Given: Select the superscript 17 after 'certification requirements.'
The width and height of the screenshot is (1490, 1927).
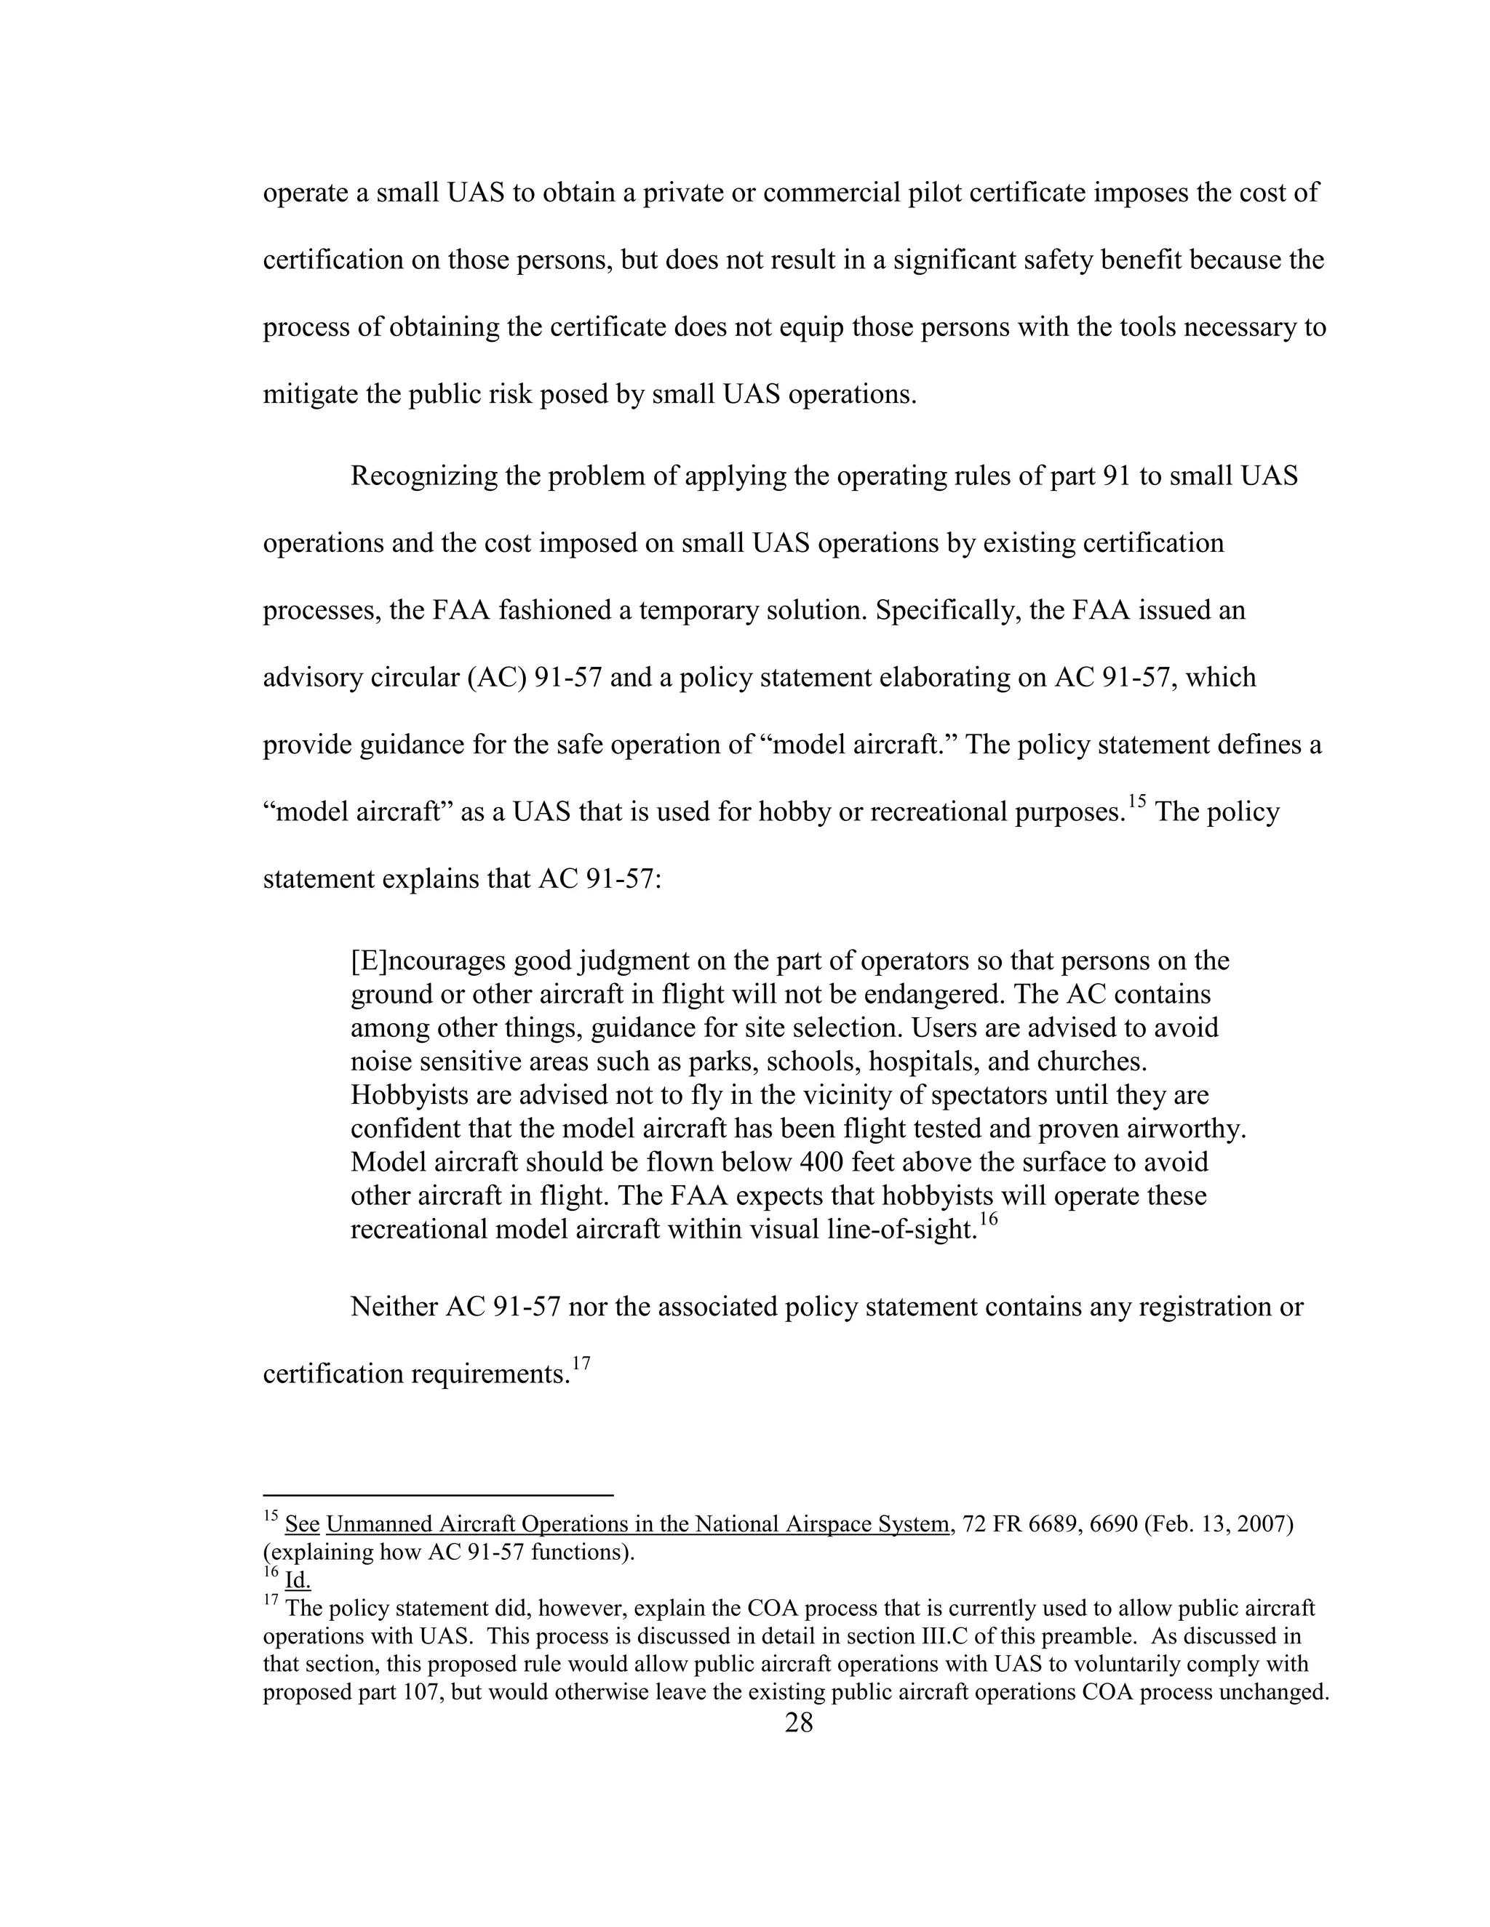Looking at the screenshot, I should pyautogui.click(x=580, y=1364).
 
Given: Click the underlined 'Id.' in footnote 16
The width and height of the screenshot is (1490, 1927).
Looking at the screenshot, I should pyautogui.click(x=298, y=1580).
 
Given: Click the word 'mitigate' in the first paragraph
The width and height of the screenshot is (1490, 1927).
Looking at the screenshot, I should pyautogui.click(x=311, y=394).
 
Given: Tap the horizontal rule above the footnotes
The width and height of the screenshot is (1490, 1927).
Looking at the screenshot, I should pyautogui.click(x=438, y=1496).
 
